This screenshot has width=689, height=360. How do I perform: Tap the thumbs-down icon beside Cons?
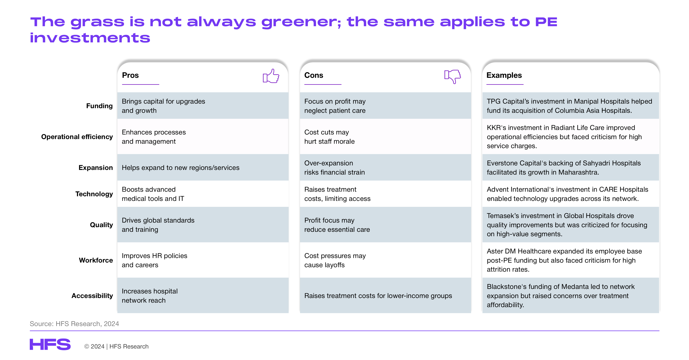pyautogui.click(x=453, y=76)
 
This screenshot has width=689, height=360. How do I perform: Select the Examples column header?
pyautogui.click(x=504, y=75)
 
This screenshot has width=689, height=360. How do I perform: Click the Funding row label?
pyautogui.click(x=99, y=106)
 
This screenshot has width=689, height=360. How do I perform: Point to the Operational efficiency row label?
pyautogui.click(x=77, y=137)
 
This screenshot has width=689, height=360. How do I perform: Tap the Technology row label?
pyautogui.click(x=94, y=194)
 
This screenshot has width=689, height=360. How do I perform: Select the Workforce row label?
pyautogui.click(x=96, y=260)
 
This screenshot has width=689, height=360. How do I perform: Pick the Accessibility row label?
pyautogui.click(x=92, y=296)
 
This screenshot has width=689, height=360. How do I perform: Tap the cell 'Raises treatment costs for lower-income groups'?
pyautogui.click(x=378, y=296)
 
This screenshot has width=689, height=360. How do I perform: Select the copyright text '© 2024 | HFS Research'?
pyautogui.click(x=116, y=346)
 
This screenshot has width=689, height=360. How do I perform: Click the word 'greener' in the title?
pyautogui.click(x=301, y=22)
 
